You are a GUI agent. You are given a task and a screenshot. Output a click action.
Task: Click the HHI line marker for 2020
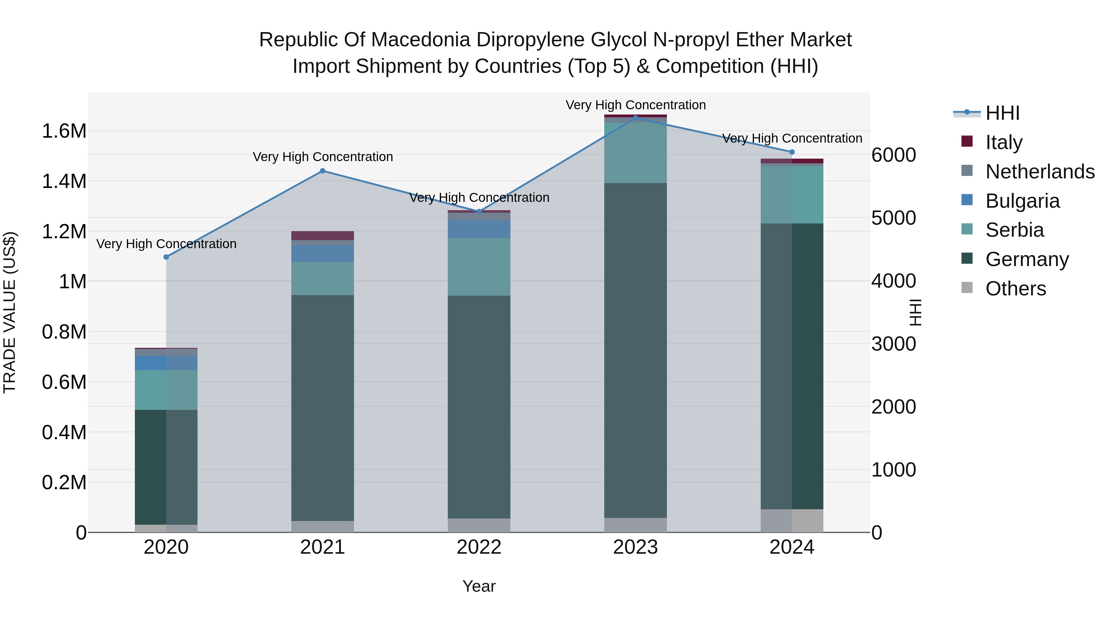pyautogui.click(x=166, y=257)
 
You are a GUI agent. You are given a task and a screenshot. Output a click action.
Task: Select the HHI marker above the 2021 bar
pyautogui.click(x=322, y=171)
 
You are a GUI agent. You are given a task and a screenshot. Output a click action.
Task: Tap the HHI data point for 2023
pyautogui.click(x=635, y=118)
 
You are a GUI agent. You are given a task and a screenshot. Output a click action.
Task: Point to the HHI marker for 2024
pyautogui.click(x=792, y=152)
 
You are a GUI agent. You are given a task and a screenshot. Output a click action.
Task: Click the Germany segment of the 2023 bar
pyautogui.click(x=635, y=349)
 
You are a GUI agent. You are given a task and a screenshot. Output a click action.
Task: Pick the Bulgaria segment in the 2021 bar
pyautogui.click(x=322, y=254)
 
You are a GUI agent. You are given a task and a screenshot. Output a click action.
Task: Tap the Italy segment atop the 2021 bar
pyautogui.click(x=322, y=235)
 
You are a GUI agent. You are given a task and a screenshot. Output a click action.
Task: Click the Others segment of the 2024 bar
pyautogui.click(x=792, y=521)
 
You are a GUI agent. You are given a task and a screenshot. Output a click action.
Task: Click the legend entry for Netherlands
pyautogui.click(x=1039, y=172)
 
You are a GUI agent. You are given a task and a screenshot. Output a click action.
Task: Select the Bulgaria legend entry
pyautogui.click(x=1022, y=201)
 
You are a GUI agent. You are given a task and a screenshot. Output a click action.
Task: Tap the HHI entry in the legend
pyautogui.click(x=1002, y=113)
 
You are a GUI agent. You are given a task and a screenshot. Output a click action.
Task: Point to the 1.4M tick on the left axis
pyautogui.click(x=64, y=181)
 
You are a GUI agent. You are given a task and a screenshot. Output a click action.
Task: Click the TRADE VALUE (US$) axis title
pyautogui.click(x=10, y=312)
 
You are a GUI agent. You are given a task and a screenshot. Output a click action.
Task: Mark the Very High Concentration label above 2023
pyautogui.click(x=635, y=105)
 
